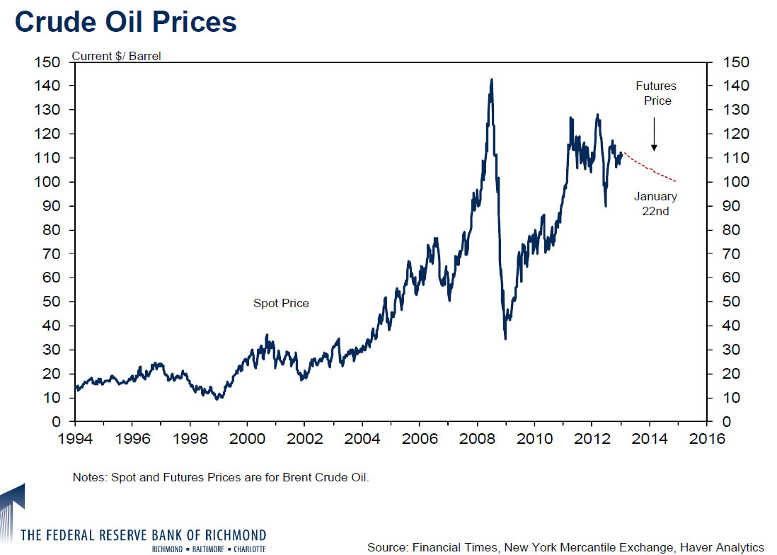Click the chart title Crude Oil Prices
pyautogui.click(x=126, y=22)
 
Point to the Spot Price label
pyautogui.click(x=281, y=303)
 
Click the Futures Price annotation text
pyautogui.click(x=656, y=93)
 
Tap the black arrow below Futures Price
pyautogui.click(x=654, y=135)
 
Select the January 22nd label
pyautogui.click(x=655, y=203)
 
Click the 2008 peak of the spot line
pyautogui.click(x=491, y=80)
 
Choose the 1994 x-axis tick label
pyautogui.click(x=76, y=438)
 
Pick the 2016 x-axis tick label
pyautogui.click(x=706, y=438)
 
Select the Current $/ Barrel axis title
pyautogui.click(x=116, y=56)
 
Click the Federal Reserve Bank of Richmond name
pyautogui.click(x=144, y=534)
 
